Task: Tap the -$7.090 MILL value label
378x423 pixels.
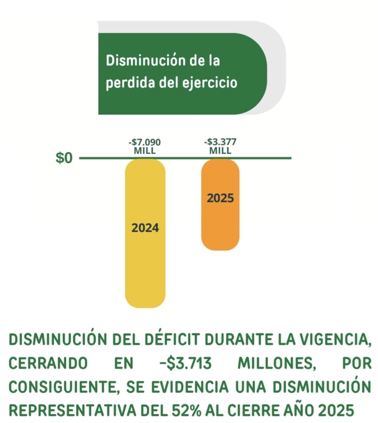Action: [145, 147]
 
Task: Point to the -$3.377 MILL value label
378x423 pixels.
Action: [220, 147]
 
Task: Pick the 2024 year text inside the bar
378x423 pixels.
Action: [145, 228]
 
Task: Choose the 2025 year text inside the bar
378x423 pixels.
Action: [220, 198]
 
